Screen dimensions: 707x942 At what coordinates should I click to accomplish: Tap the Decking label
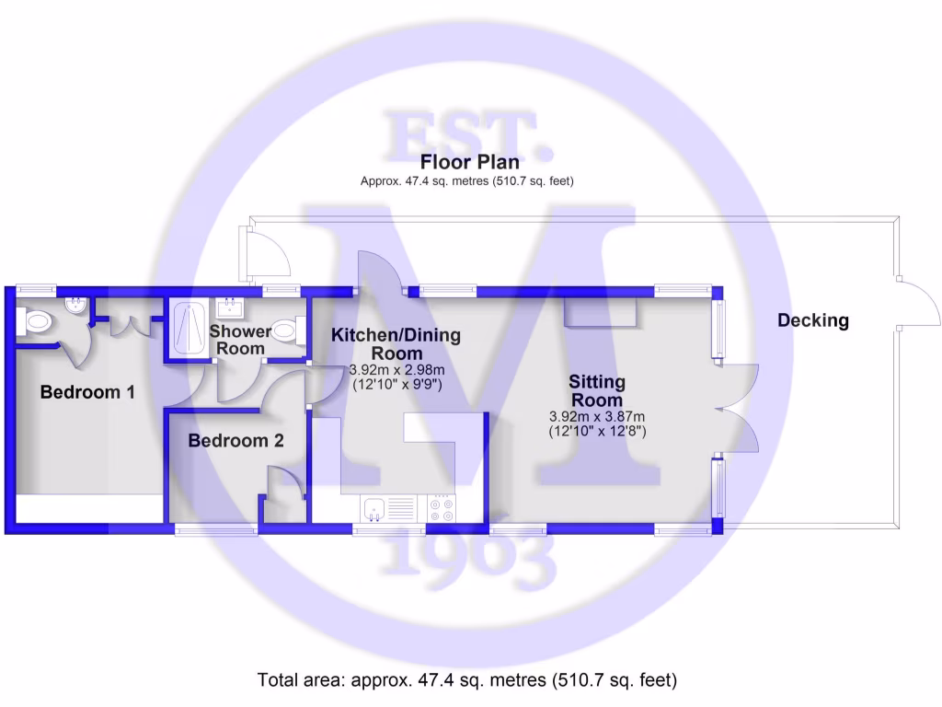(812, 320)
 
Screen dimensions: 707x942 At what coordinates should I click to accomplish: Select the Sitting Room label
(596, 390)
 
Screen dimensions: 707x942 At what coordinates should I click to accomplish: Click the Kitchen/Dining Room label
(396, 343)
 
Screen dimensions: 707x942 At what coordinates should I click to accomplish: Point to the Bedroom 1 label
(87, 392)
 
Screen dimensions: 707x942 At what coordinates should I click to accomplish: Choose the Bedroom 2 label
(235, 441)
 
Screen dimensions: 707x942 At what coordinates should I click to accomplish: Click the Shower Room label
(240, 340)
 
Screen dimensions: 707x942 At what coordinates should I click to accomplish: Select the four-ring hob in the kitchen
(440, 508)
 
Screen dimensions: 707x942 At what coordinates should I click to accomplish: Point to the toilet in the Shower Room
(287, 330)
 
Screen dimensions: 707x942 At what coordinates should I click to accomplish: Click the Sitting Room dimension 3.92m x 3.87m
(596, 416)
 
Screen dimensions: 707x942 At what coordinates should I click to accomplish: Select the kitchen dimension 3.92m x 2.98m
(396, 370)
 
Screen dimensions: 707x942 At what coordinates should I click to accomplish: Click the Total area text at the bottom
(466, 681)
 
